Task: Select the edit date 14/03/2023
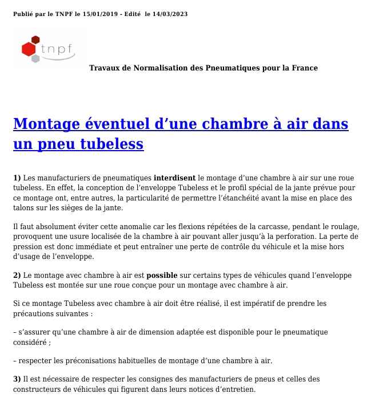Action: [x=170, y=14]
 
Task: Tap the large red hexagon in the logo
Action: [x=29, y=50]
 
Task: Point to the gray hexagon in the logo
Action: [x=36, y=59]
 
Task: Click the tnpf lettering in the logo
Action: [x=59, y=49]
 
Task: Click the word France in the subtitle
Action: [x=304, y=68]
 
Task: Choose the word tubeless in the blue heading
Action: [x=112, y=144]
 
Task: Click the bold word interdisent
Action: [x=174, y=178]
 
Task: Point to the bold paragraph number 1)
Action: [x=17, y=178]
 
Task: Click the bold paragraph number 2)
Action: [x=17, y=276]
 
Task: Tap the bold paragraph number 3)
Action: [x=17, y=379]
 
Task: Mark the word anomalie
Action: [x=123, y=227]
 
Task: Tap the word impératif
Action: [x=265, y=304]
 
